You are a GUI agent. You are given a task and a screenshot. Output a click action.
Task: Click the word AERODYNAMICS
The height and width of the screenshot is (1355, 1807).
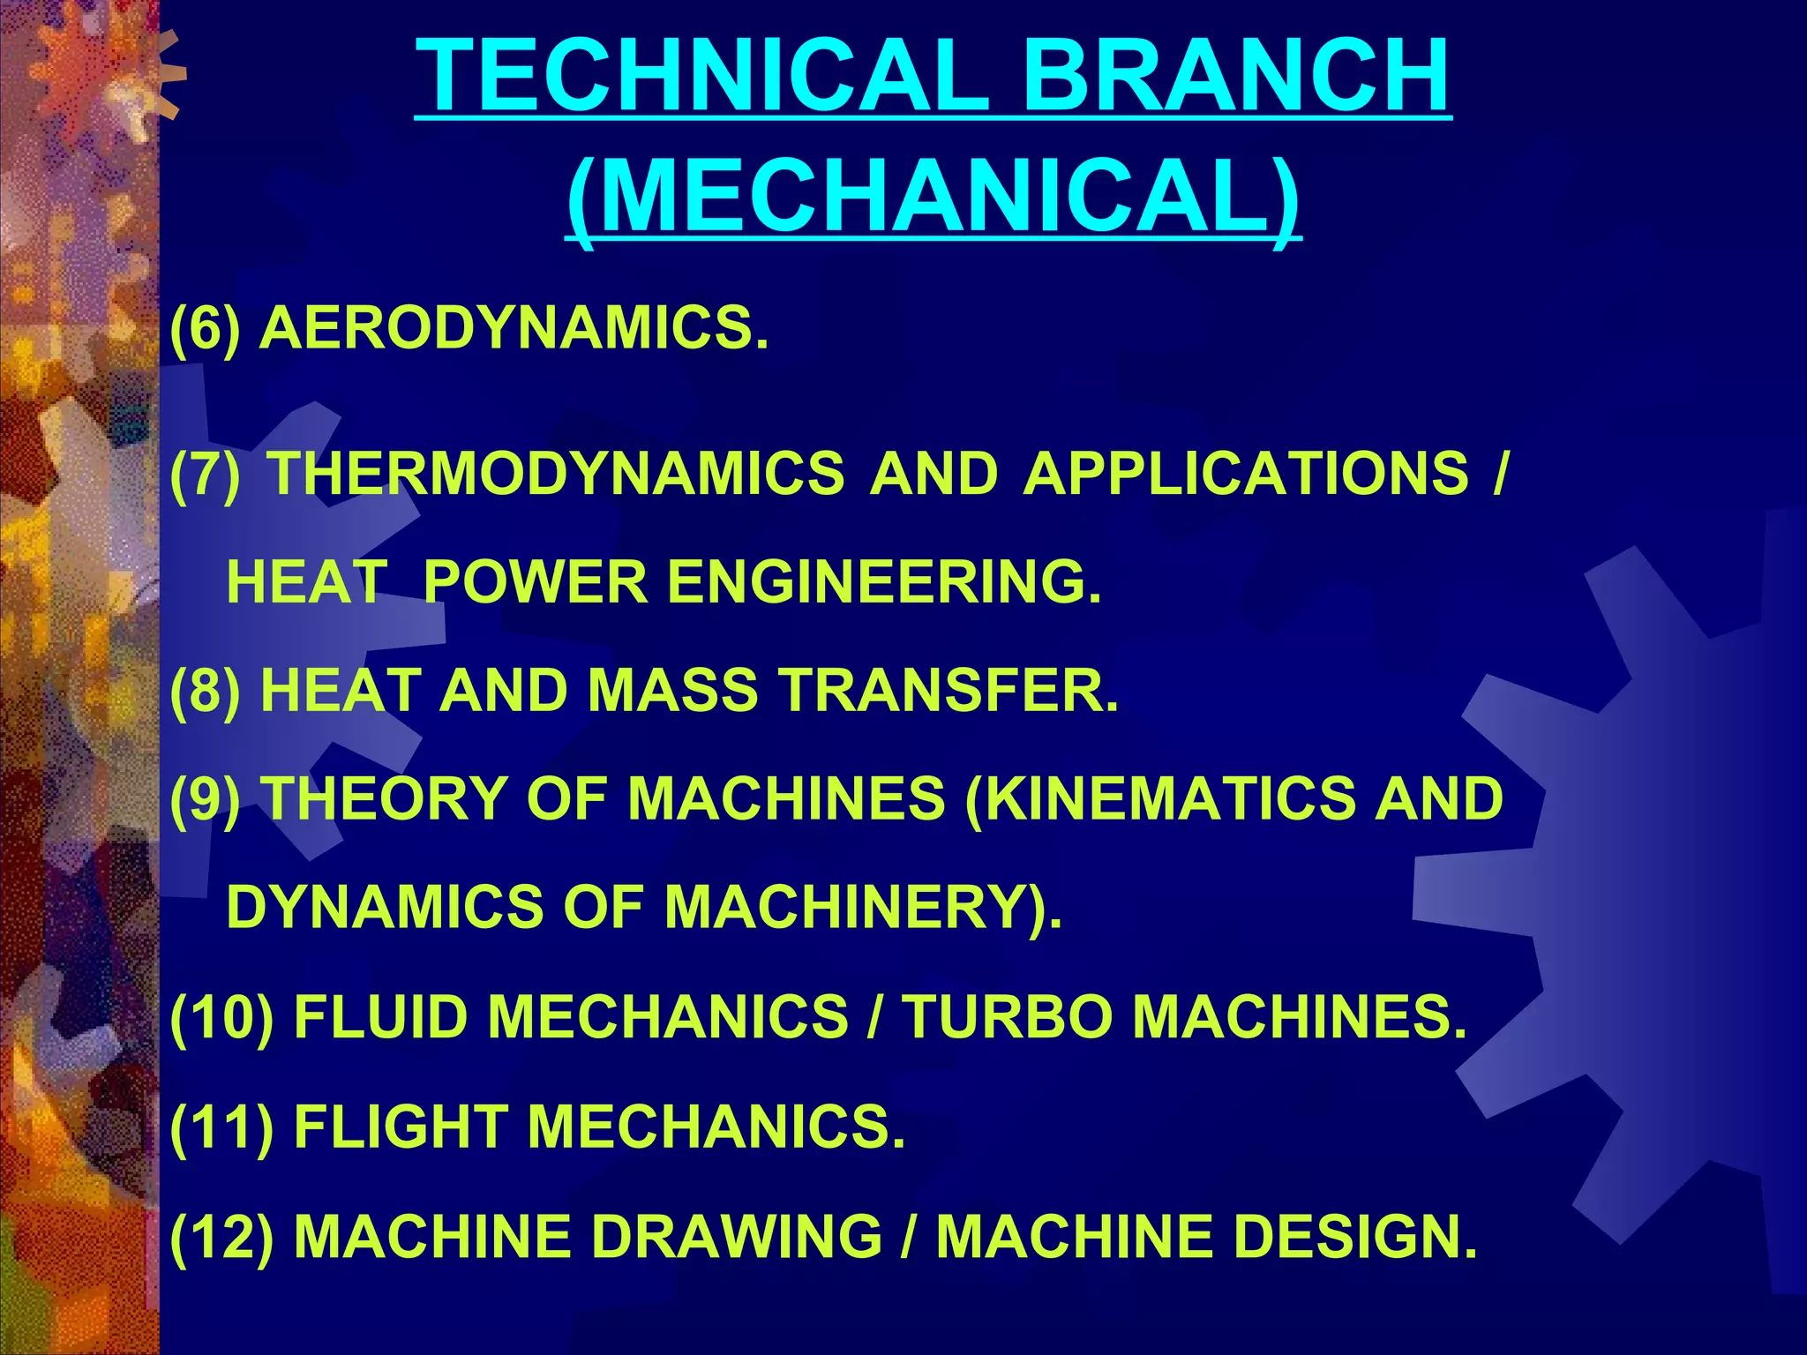point(514,327)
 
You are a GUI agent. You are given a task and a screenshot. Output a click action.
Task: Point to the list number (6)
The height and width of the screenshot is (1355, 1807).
point(205,327)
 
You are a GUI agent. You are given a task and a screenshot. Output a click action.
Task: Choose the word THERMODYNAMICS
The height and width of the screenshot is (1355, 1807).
point(556,473)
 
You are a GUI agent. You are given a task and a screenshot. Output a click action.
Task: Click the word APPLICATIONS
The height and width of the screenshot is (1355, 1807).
point(1246,473)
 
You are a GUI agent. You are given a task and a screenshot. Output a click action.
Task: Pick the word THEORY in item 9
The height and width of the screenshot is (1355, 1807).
point(385,798)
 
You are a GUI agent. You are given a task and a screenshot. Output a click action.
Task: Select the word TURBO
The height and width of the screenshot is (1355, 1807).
point(1006,1016)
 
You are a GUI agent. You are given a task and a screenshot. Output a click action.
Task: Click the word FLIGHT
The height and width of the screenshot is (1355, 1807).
point(401,1127)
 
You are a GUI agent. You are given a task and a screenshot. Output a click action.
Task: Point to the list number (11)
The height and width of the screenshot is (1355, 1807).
point(221,1127)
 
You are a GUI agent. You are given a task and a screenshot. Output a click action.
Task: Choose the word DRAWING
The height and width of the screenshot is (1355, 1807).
point(737,1236)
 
